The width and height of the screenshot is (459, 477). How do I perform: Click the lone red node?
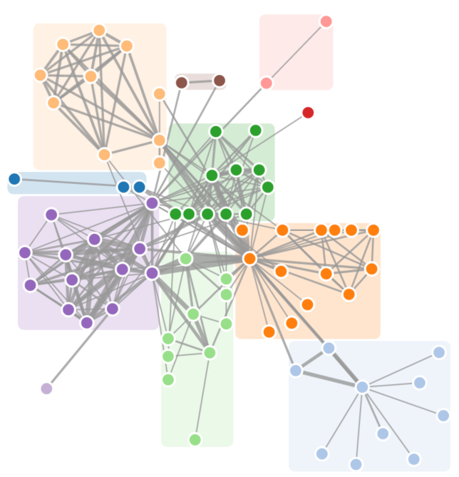(x=308, y=113)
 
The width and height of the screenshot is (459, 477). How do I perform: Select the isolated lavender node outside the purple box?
(x=46, y=389)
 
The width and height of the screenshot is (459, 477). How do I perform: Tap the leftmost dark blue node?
(x=14, y=179)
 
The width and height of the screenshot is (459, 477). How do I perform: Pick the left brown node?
(x=182, y=82)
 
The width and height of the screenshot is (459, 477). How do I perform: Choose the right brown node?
(x=220, y=81)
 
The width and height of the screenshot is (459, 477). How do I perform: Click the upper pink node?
(x=326, y=21)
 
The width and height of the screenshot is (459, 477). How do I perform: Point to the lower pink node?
(x=267, y=83)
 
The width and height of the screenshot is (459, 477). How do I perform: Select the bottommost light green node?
(x=195, y=439)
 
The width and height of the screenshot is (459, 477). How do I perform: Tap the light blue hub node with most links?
(x=362, y=387)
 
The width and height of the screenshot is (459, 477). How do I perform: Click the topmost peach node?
(x=99, y=31)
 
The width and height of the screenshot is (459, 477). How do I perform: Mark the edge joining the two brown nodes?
(x=200, y=81)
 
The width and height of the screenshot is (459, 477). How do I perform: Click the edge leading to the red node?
(x=285, y=129)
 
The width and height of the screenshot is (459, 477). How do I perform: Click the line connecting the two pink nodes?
(x=296, y=52)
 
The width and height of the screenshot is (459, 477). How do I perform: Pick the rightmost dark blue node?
(x=139, y=187)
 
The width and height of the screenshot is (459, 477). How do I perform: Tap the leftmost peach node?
(x=41, y=75)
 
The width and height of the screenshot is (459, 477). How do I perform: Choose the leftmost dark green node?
(x=175, y=214)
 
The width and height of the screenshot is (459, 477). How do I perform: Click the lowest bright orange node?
(x=269, y=332)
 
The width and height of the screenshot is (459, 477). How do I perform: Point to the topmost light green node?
(x=186, y=258)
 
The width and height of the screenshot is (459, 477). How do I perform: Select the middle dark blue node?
(x=123, y=187)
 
